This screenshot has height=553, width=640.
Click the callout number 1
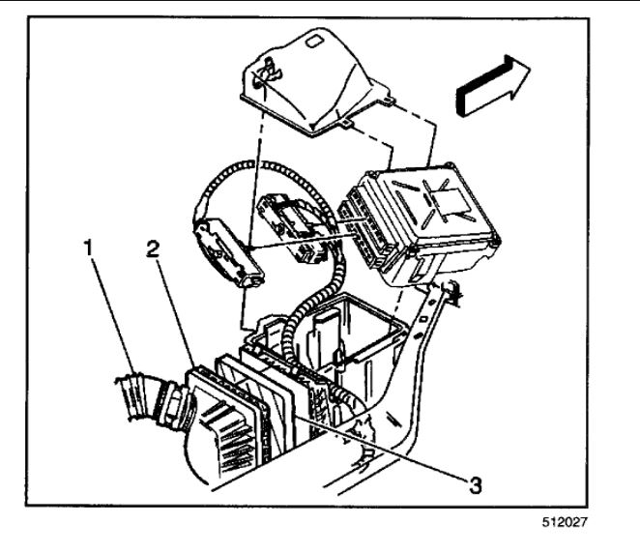(x=90, y=247)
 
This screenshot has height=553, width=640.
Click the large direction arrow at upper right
(x=493, y=85)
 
